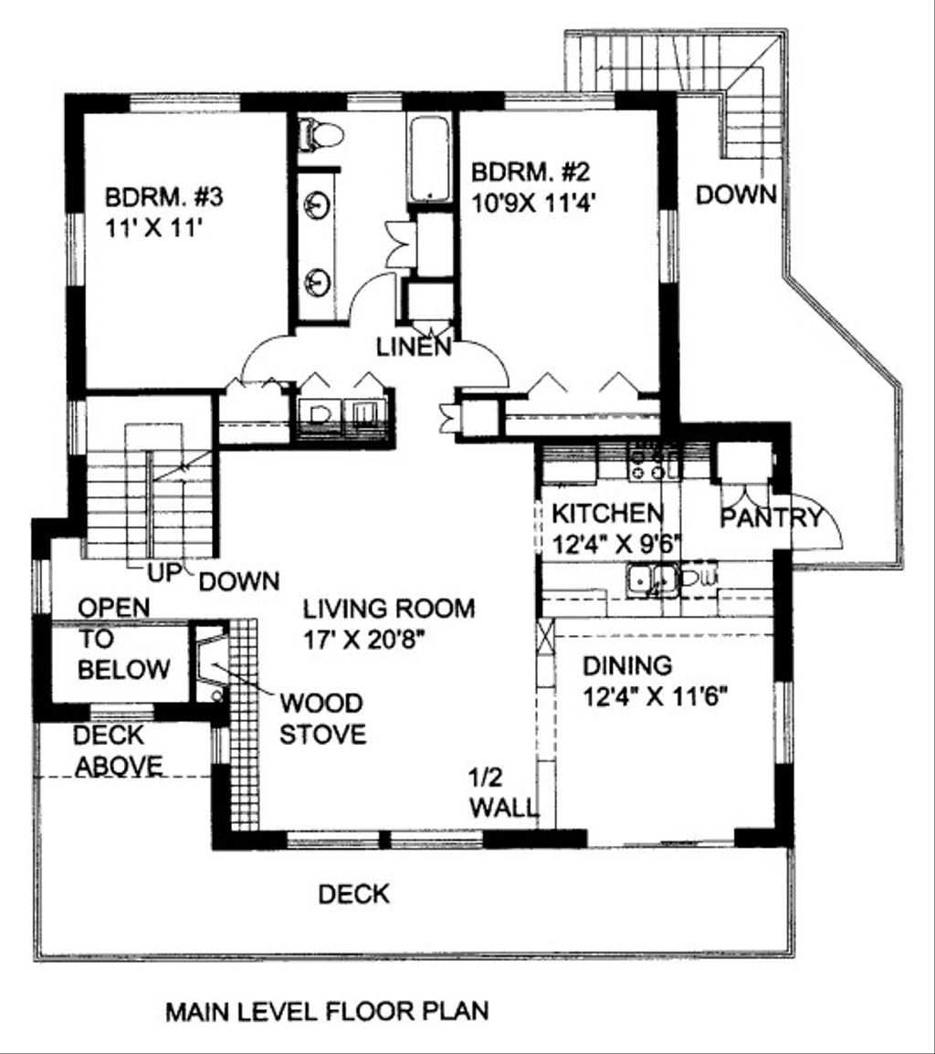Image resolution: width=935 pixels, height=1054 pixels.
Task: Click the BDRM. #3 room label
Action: point(163,198)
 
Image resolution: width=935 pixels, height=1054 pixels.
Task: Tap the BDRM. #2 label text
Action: point(531,172)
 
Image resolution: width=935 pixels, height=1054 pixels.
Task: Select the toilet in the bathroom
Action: point(320,134)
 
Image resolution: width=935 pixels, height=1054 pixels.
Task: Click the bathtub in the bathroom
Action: point(428,160)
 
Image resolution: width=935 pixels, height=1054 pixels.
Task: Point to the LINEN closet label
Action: point(413,348)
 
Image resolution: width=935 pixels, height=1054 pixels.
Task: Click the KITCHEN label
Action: point(607,514)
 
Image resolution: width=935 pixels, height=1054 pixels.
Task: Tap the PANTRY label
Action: point(772,517)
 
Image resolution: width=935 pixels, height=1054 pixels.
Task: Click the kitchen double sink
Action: point(651,579)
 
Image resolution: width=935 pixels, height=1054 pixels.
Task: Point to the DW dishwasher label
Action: point(699,577)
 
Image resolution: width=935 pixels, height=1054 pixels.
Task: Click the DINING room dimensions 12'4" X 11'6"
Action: point(656,697)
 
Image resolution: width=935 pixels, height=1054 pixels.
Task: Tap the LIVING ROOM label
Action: point(389,609)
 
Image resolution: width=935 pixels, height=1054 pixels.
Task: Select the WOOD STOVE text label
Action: point(323,718)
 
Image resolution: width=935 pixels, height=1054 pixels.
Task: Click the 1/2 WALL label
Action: point(504,793)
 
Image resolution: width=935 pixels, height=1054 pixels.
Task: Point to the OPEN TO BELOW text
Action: point(124,639)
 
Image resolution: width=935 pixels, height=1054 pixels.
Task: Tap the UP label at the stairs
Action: point(164,573)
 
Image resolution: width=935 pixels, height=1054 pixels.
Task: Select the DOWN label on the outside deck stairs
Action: point(736,194)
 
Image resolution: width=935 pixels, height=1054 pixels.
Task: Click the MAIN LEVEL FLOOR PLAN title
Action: point(327,1011)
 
